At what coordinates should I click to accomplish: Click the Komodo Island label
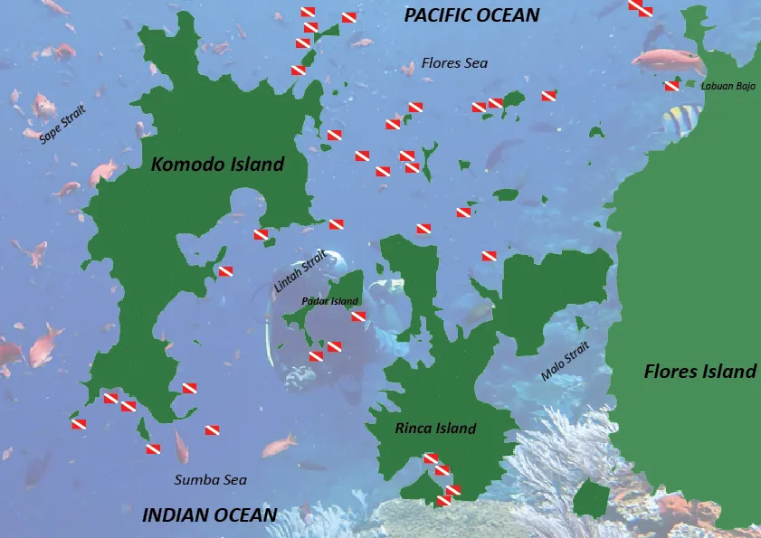click(217, 165)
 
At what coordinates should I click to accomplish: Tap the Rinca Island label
click(435, 429)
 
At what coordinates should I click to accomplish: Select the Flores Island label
click(699, 371)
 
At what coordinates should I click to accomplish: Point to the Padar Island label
click(329, 301)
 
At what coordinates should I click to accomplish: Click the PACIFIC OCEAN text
click(471, 14)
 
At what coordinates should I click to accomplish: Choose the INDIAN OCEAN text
click(210, 515)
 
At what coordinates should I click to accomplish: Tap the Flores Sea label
click(454, 63)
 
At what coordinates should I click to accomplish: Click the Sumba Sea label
click(210, 480)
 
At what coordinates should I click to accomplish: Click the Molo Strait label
click(565, 362)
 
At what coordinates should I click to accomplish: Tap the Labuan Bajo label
click(728, 86)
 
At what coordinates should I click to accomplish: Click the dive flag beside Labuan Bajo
click(671, 86)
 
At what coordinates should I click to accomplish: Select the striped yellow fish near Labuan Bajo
click(682, 118)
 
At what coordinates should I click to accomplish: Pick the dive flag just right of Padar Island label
click(358, 316)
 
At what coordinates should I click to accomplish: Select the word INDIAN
click(176, 515)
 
